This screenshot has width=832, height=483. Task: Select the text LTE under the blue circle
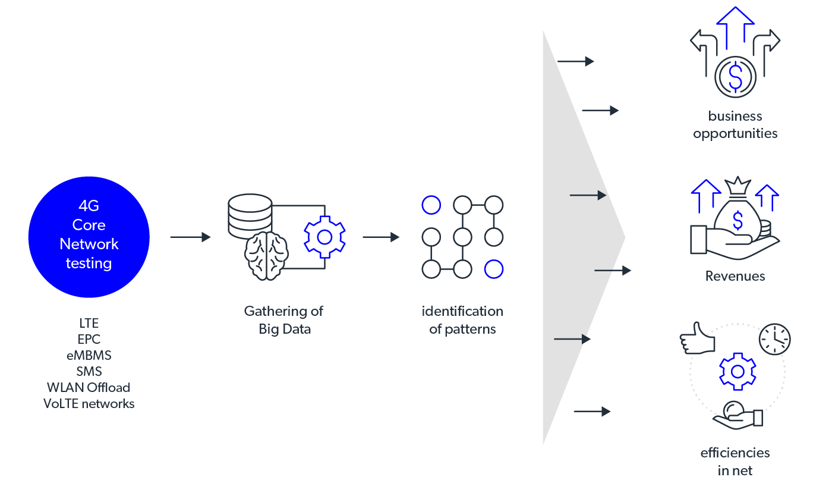click(89, 324)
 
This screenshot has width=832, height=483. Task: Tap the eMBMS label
click(89, 356)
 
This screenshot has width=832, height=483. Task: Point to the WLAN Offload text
click(89, 388)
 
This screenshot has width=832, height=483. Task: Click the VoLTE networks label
click(89, 404)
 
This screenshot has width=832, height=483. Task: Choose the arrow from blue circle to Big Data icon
click(190, 237)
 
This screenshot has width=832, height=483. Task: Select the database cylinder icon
click(250, 215)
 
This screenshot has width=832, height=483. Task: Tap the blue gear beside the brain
click(324, 237)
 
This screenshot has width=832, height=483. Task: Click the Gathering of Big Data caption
click(284, 320)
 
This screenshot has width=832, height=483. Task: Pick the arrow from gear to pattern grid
click(381, 237)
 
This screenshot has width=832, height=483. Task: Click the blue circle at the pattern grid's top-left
click(431, 206)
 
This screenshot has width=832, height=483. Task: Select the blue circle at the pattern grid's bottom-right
click(493, 269)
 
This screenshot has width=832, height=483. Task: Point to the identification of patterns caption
click(462, 320)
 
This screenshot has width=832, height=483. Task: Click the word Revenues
click(735, 276)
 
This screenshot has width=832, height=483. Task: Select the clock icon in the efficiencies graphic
click(774, 339)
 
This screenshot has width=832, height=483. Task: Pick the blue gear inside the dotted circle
click(738, 371)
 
